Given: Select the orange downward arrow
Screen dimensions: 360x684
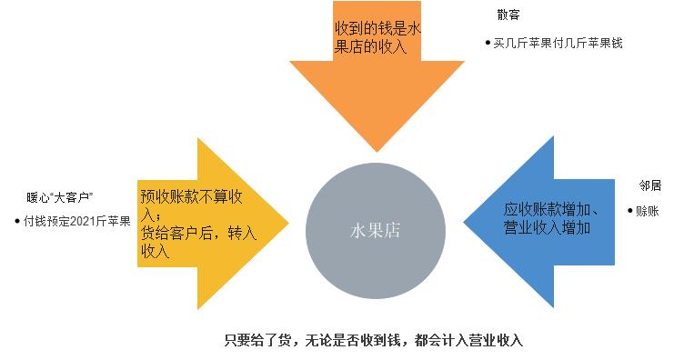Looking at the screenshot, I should click(376, 91).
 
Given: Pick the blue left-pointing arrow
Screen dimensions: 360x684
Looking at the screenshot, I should click(528, 218).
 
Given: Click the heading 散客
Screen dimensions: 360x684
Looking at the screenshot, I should click(509, 15).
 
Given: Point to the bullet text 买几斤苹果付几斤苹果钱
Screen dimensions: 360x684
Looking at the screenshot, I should click(558, 42).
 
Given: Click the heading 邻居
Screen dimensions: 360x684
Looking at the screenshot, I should click(649, 185).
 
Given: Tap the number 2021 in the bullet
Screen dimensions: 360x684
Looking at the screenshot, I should click(82, 221).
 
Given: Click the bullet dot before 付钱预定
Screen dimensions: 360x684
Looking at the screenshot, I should click(17, 221).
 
